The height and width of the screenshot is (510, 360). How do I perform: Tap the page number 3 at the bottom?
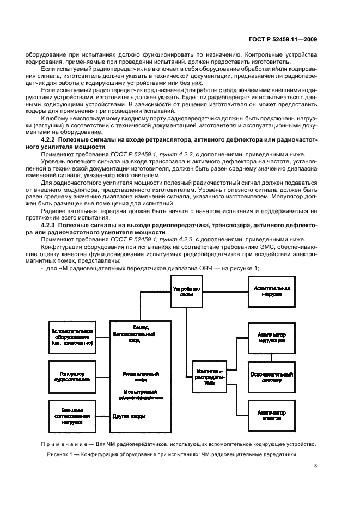click(316, 465)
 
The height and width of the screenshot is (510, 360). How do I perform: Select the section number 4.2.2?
click(53, 140)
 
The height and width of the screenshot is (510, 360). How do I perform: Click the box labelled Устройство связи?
click(187, 292)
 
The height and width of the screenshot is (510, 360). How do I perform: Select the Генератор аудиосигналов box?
click(71, 377)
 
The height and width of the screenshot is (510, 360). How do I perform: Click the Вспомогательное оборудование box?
click(71, 337)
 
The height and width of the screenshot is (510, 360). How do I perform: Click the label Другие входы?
click(129, 417)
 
